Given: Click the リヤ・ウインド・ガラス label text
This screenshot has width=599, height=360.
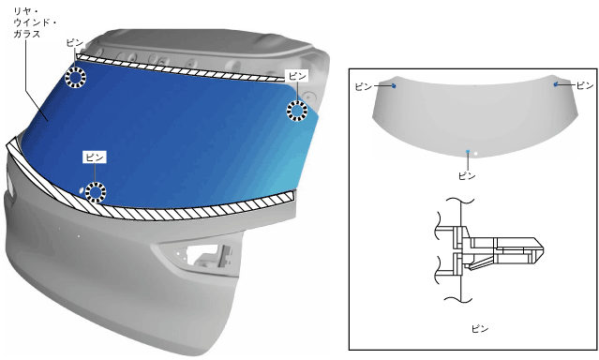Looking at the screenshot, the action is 35,22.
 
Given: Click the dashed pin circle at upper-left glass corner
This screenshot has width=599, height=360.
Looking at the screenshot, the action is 75,78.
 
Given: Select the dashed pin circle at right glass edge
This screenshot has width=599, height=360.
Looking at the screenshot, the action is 297,111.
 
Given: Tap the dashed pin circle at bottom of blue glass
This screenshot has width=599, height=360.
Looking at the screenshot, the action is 95,192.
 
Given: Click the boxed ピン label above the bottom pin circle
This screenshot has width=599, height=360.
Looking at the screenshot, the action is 95,157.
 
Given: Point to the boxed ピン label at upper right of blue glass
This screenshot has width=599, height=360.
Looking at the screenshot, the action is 297,76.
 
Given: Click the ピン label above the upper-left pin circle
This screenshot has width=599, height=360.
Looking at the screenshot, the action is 75,42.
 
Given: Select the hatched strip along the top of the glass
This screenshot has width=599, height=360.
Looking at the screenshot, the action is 180,68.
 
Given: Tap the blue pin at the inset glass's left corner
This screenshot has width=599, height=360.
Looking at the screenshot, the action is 394,86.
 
